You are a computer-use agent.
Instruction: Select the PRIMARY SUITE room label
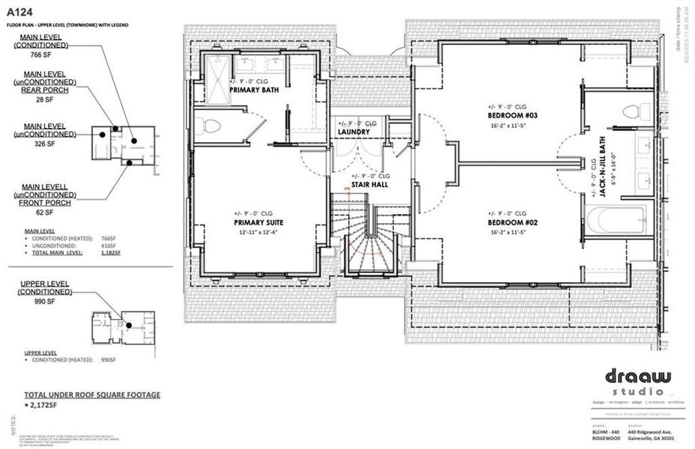tap(258, 222)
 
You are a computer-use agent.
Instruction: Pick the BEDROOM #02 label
tap(509, 222)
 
